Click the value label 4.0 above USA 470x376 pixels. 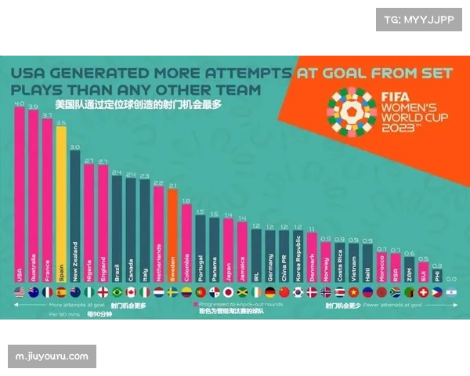pyautogui.click(x=19, y=103)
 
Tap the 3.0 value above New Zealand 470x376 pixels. pyautogui.click(x=75, y=146)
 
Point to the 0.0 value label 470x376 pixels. pyautogui.click(x=451, y=278)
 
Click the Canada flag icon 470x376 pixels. pyautogui.click(x=131, y=292)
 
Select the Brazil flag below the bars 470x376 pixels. pyautogui.click(x=117, y=292)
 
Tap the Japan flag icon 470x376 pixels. pyautogui.click(x=228, y=292)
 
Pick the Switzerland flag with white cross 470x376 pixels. pyautogui.click(x=424, y=292)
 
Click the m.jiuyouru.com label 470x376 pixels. pyautogui.click(x=52, y=356)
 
